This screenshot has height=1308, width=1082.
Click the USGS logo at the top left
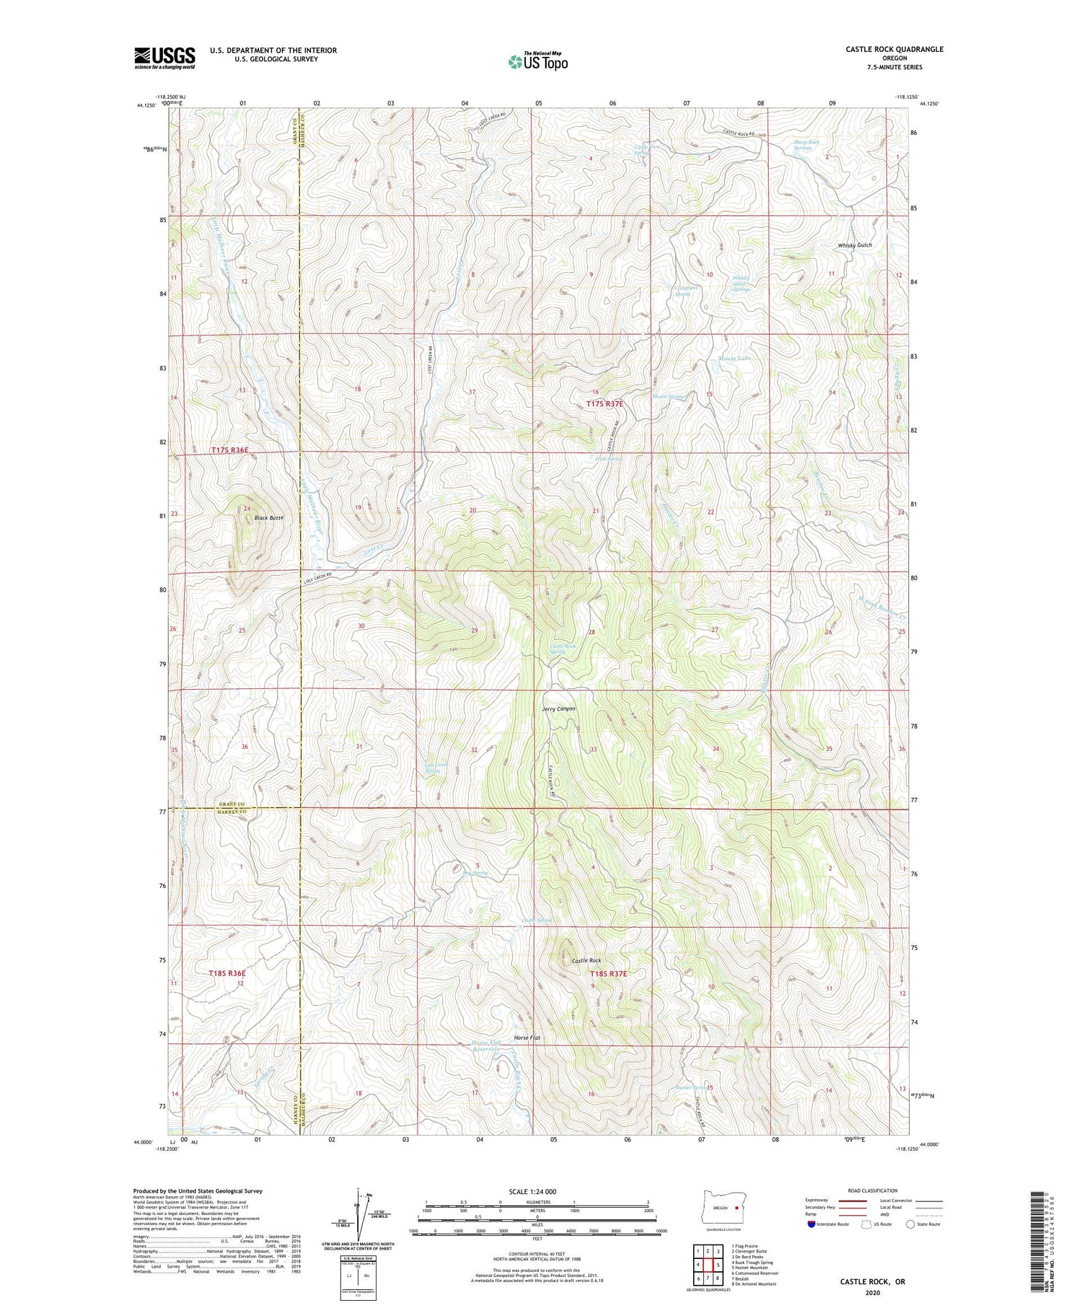click(x=164, y=58)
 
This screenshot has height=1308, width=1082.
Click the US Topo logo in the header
click(x=537, y=62)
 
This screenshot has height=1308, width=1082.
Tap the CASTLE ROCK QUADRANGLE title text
click(x=894, y=49)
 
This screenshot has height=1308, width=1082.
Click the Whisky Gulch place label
click(x=855, y=245)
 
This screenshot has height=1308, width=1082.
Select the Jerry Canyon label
click(x=559, y=708)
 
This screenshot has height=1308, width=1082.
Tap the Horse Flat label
click(x=527, y=1037)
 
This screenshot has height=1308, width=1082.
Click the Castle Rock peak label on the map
click(x=586, y=961)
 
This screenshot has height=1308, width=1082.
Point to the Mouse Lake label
click(x=734, y=359)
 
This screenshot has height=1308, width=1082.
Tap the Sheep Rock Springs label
click(x=806, y=145)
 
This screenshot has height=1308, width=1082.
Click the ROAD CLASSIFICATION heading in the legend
click(x=873, y=1190)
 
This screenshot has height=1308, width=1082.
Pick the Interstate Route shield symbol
click(x=812, y=1224)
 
